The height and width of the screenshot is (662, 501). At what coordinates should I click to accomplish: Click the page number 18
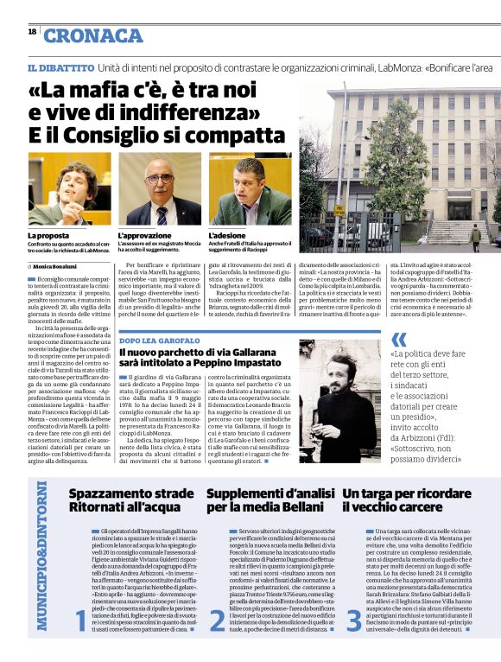tap(32, 31)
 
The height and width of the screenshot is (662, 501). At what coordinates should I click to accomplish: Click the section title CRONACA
tap(93, 35)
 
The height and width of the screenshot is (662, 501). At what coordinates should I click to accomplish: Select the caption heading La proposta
tap(48, 235)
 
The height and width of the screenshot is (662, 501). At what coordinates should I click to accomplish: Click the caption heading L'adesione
tap(227, 235)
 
